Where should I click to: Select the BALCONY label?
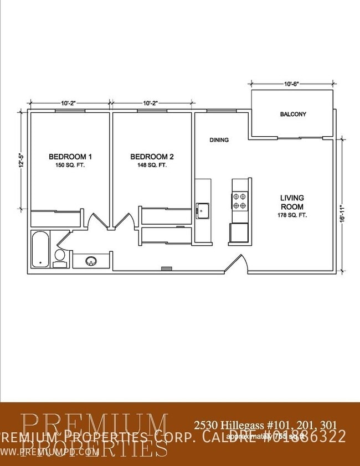point(293,115)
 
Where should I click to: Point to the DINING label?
point(219,140)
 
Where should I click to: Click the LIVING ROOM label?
point(292,202)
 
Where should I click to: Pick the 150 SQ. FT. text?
point(70,165)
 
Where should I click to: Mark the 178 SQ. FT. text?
point(292,215)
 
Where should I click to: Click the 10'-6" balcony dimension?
point(292,84)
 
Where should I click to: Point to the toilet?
point(59,258)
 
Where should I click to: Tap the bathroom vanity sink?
point(91,260)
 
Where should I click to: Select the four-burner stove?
point(240,200)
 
